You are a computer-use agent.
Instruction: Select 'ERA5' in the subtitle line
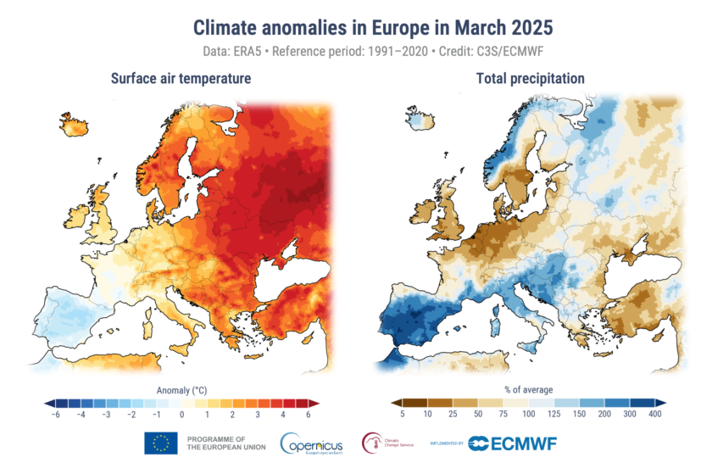[254, 51]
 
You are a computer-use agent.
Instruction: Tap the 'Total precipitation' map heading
[529, 79]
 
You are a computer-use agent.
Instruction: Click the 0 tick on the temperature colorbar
[181, 415]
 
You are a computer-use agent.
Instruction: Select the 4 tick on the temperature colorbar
[282, 415]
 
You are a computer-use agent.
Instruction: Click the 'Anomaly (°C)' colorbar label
[181, 390]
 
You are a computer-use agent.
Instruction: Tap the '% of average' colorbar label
[530, 390]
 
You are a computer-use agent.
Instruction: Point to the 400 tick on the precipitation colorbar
[656, 415]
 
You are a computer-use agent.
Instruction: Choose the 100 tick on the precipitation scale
[529, 415]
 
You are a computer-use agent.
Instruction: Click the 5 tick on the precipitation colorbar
[401, 415]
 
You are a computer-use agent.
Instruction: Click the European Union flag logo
[160, 443]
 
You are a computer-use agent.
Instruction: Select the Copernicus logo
[310, 443]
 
